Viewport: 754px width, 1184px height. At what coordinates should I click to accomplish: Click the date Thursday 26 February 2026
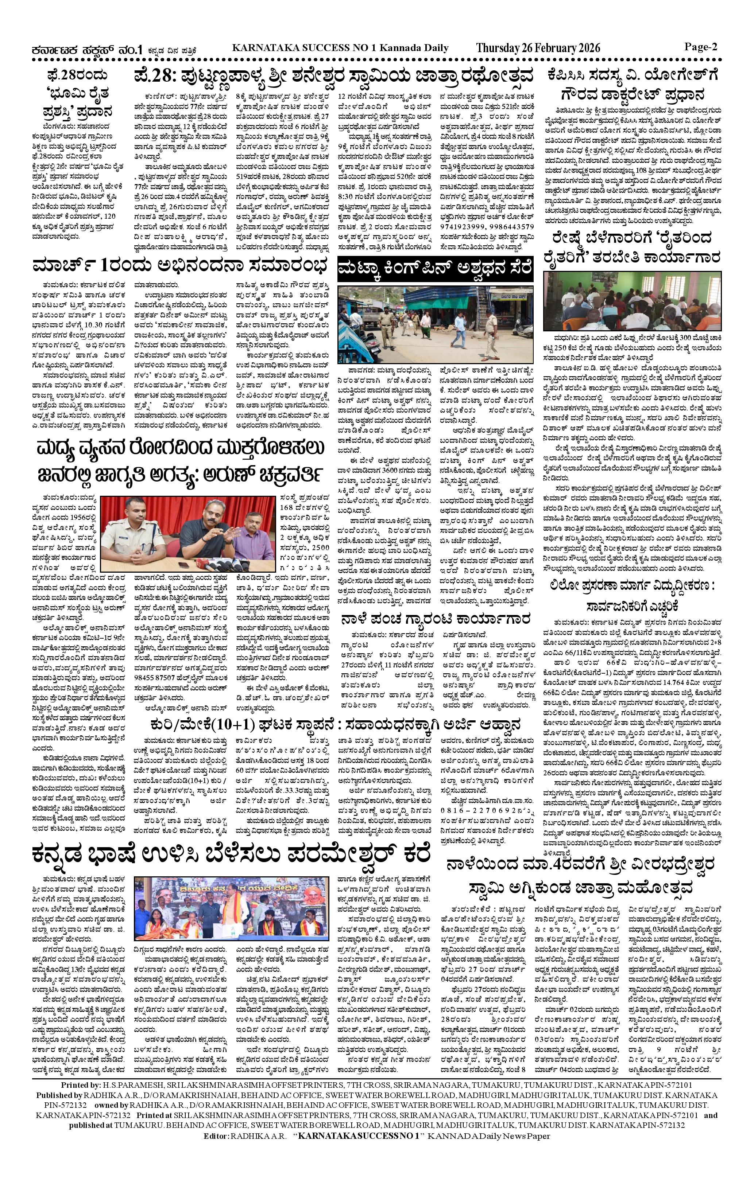538,48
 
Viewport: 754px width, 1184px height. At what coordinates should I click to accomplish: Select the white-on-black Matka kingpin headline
435,269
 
